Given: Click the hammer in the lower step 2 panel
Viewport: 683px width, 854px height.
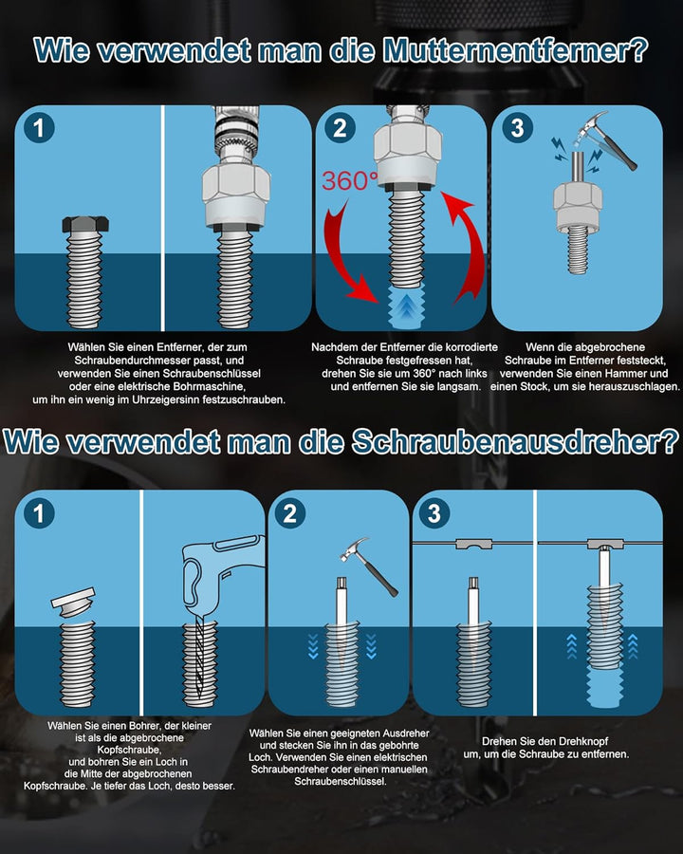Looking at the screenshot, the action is point(369,566).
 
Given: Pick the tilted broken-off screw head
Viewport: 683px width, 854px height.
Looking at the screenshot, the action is point(73,602).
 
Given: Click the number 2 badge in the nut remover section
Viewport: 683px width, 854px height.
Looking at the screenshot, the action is point(340,128).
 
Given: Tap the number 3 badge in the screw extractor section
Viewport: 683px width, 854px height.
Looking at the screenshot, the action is point(434,513).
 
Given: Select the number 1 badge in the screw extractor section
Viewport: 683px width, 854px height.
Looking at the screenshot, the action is point(39,513).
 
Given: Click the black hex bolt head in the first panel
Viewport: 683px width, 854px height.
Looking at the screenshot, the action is point(85,224).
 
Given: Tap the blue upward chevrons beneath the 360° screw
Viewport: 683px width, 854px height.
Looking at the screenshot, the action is point(406,309).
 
